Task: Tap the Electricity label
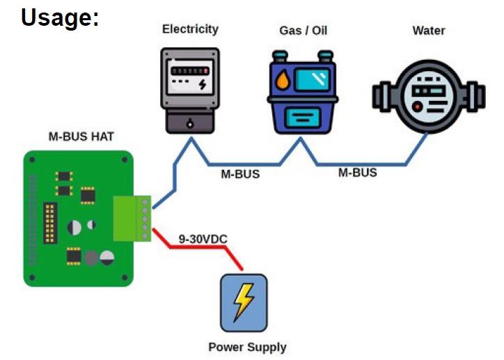[190, 29]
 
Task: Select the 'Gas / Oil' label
[303, 31]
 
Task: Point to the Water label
[428, 30]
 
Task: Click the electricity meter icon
[190, 89]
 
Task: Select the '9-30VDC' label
[203, 239]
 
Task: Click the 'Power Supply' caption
[247, 347]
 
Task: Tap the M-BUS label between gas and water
[357, 173]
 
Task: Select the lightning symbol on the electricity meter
[202, 84]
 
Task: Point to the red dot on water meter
[416, 107]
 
